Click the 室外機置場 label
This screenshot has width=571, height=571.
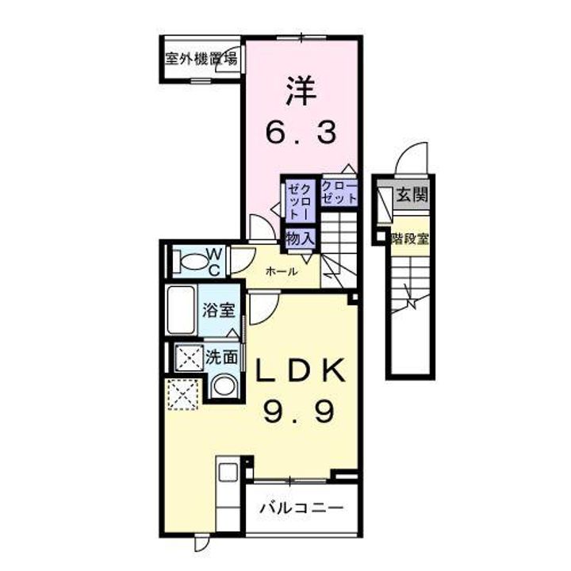[x=201, y=58]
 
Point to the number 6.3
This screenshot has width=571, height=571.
[x=302, y=131]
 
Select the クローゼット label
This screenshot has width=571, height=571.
[x=339, y=193]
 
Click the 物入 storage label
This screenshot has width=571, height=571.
[x=301, y=237]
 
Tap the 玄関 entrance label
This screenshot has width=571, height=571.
[x=411, y=194]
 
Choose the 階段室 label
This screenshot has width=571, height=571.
[x=410, y=238]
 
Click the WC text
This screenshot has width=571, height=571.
[x=214, y=259]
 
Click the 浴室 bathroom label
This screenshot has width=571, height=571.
[x=218, y=310]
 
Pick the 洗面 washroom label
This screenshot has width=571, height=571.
[x=222, y=357]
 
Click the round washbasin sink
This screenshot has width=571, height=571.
[x=224, y=386]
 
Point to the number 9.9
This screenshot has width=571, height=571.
[x=300, y=410]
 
